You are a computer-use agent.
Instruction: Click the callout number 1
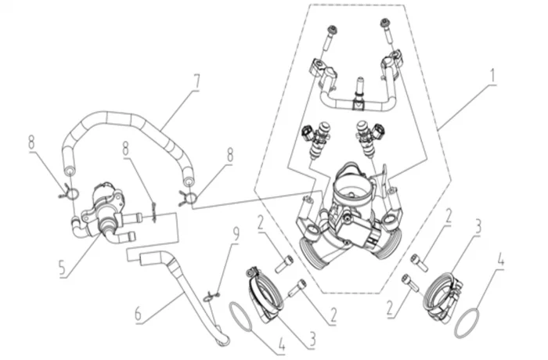click(x=495, y=76)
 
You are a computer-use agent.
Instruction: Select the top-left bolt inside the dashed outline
click(x=333, y=36)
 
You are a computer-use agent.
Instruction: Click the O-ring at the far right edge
click(x=468, y=322)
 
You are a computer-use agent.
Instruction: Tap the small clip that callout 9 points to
click(x=211, y=297)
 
